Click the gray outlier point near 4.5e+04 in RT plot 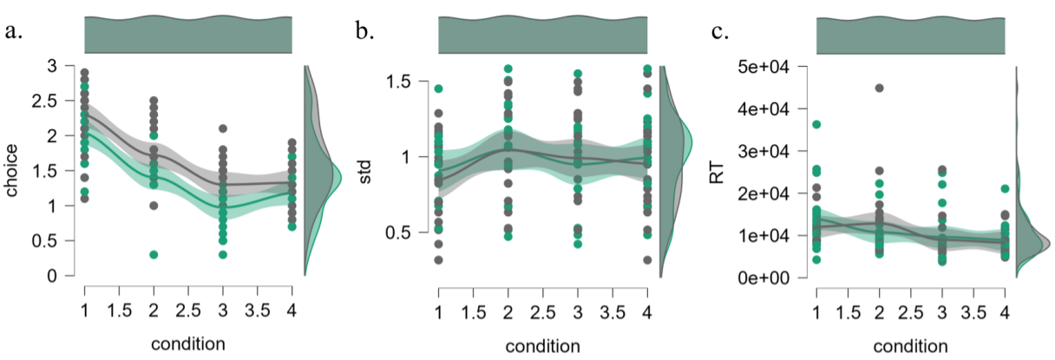point(878,88)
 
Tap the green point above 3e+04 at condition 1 point(816,125)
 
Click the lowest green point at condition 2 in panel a point(154,254)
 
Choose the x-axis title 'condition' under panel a point(187,343)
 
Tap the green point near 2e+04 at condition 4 point(1005,188)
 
